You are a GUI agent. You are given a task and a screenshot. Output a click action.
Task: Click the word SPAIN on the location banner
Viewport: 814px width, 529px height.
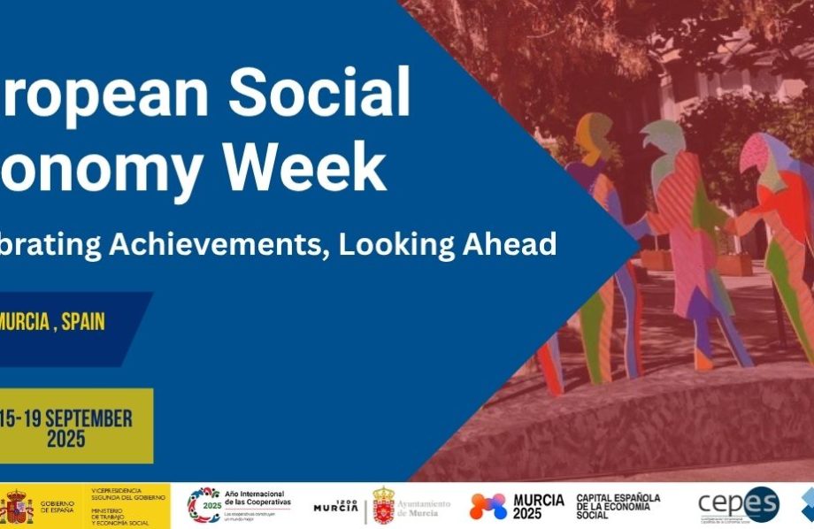click(83, 321)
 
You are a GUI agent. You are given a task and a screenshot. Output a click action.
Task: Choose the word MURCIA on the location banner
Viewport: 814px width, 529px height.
click(24, 321)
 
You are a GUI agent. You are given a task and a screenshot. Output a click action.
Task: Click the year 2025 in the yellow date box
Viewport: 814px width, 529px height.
click(66, 439)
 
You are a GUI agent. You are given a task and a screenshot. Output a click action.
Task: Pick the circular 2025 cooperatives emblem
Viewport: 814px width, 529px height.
click(203, 505)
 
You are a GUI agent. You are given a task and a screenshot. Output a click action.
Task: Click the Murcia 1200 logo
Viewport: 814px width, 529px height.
click(336, 506)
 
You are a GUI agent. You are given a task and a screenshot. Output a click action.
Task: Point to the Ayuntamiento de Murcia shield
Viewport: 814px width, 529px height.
click(383, 505)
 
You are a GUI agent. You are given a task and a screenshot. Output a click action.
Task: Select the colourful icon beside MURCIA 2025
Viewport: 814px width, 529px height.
click(488, 506)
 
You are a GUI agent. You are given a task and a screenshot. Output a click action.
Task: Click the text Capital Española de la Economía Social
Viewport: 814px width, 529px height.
click(618, 506)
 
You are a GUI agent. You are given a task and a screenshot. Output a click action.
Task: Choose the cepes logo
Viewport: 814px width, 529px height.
click(738, 504)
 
